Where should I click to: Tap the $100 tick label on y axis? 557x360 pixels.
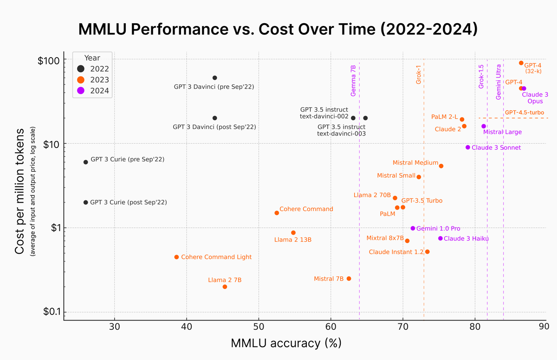(49, 60)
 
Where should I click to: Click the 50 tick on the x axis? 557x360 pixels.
(259, 326)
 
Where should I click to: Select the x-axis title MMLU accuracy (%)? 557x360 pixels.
(286, 344)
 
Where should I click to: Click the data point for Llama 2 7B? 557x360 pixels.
(225, 287)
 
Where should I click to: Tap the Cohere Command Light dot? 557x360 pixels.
(176, 257)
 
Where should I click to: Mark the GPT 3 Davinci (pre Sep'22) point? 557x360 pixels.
(214, 78)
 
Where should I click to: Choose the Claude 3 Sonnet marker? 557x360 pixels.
(468, 148)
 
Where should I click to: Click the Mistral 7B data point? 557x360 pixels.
(349, 279)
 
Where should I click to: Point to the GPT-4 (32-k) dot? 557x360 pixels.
(521, 63)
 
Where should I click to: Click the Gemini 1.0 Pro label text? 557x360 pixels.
(438, 229)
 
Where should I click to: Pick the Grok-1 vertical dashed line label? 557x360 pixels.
(418, 75)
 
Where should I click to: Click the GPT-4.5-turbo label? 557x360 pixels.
(524, 113)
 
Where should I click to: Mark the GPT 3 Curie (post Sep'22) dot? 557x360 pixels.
(85, 202)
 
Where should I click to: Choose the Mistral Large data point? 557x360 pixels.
(484, 126)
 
